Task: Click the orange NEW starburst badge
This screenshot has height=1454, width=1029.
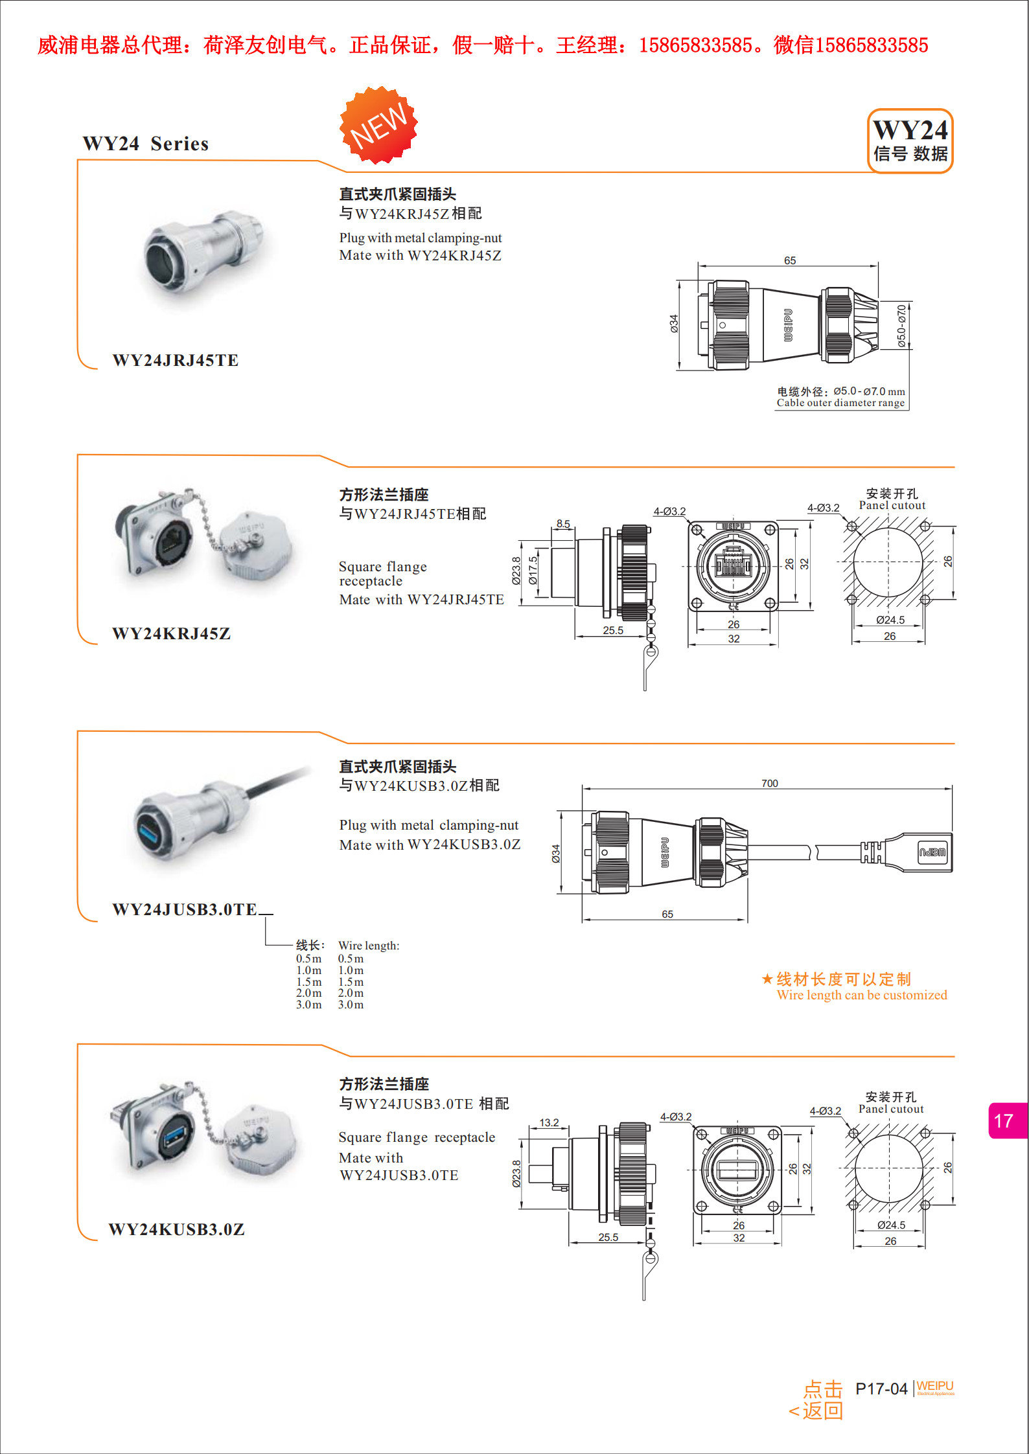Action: click(379, 124)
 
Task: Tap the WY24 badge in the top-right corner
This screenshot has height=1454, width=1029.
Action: click(910, 141)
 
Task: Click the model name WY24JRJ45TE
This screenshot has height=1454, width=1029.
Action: click(175, 361)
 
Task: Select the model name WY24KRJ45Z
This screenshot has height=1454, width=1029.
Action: click(171, 633)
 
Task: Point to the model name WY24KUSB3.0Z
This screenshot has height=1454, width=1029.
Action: click(176, 1229)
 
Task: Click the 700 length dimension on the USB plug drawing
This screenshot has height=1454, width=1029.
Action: click(769, 783)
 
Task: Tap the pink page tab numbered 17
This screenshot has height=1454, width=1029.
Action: click(1005, 1120)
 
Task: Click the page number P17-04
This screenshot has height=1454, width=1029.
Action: click(881, 1389)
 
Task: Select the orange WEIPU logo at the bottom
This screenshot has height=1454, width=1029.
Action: click(935, 1387)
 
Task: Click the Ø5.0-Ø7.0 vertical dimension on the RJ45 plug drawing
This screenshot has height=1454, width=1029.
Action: click(902, 326)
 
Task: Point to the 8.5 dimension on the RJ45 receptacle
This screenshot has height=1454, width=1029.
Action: click(563, 523)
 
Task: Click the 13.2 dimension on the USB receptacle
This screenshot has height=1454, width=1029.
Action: click(549, 1122)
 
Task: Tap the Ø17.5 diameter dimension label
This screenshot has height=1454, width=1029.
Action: click(533, 570)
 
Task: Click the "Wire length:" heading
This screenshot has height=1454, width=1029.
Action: click(369, 946)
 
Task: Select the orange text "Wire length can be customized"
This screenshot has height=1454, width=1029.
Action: click(862, 995)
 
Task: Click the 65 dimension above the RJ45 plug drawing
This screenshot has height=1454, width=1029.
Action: click(789, 260)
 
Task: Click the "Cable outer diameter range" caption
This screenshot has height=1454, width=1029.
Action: click(840, 403)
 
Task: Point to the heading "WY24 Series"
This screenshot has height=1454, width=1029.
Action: click(146, 144)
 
